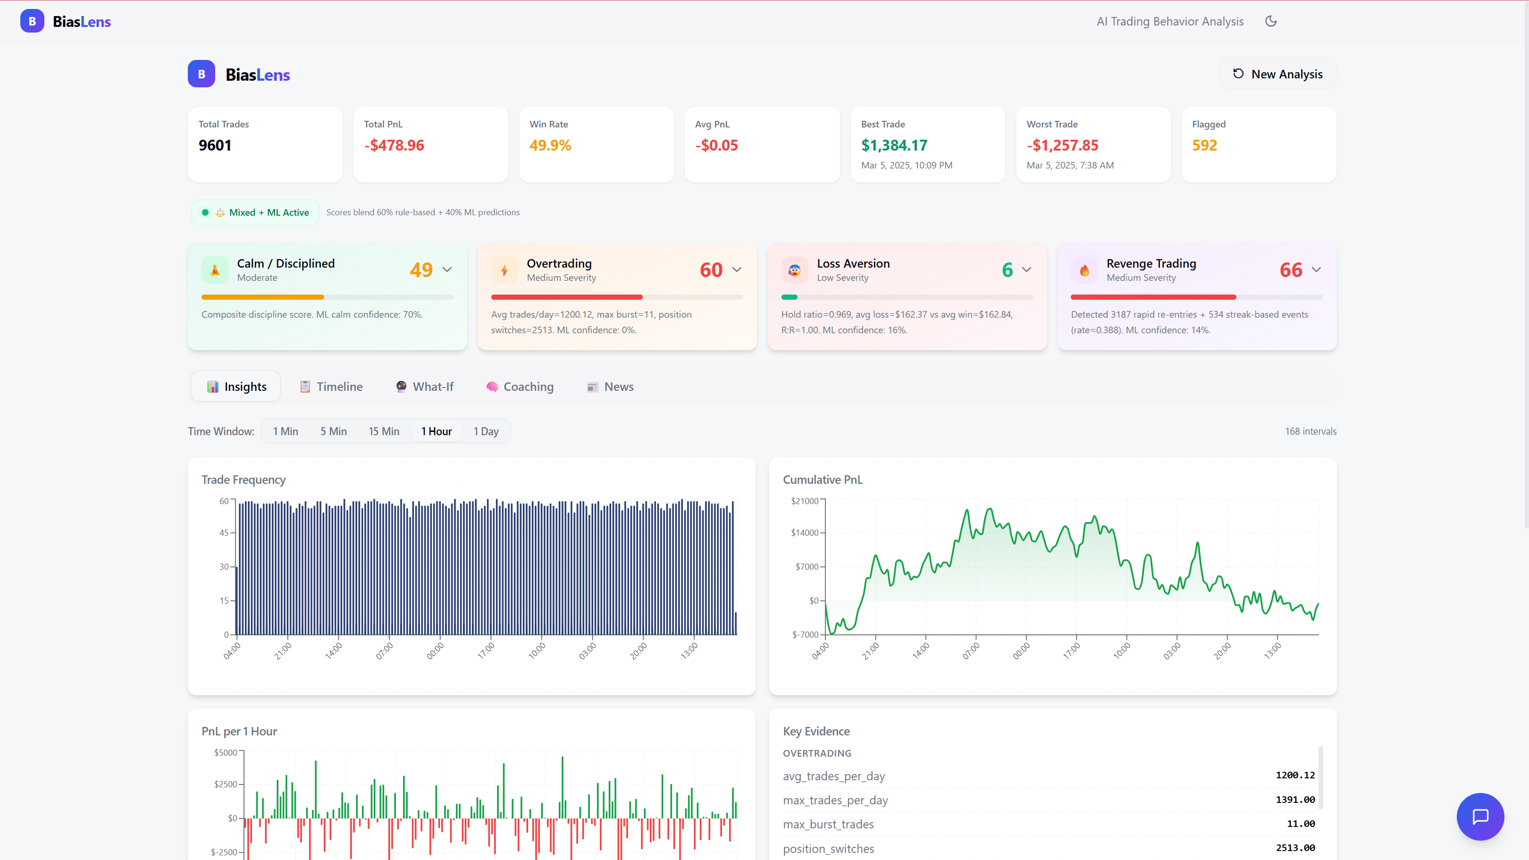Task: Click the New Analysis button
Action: click(1277, 74)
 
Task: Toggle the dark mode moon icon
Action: click(1271, 21)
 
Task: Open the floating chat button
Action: click(1480, 817)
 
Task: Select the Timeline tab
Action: click(331, 387)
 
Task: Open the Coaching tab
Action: click(520, 387)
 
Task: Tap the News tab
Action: click(610, 387)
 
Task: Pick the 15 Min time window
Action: click(384, 431)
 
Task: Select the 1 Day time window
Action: click(486, 431)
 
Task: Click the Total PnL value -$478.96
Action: click(394, 145)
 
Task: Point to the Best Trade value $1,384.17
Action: click(894, 145)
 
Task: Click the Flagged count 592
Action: click(1204, 145)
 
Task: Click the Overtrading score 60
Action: click(711, 270)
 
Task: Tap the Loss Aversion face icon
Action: click(794, 270)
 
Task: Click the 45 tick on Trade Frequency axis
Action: click(224, 533)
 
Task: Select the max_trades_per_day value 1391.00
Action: click(1295, 800)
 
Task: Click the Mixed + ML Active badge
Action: click(255, 212)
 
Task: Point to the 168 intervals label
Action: click(1311, 431)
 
